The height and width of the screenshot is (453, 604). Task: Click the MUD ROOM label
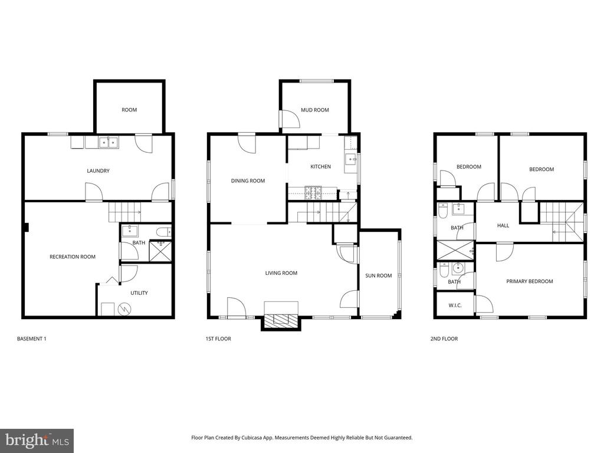315,110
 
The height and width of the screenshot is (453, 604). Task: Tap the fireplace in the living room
281,320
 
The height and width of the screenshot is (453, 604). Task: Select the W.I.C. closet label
455,306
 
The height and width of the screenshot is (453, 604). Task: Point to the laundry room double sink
109,143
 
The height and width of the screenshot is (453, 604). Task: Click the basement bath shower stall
160,251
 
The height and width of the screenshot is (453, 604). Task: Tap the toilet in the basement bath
164,232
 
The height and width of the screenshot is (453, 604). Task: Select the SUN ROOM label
378,275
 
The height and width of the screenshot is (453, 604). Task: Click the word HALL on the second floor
503,226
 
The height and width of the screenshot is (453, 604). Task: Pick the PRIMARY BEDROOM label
530,281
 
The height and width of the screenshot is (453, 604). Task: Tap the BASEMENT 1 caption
32,339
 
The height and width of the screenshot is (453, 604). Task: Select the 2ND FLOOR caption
444,339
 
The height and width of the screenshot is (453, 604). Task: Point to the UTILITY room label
139,293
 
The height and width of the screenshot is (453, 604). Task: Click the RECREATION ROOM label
73,257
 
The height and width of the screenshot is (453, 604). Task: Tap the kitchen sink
351,158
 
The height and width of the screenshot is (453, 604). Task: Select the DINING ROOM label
248,180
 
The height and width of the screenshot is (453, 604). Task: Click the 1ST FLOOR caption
218,339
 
